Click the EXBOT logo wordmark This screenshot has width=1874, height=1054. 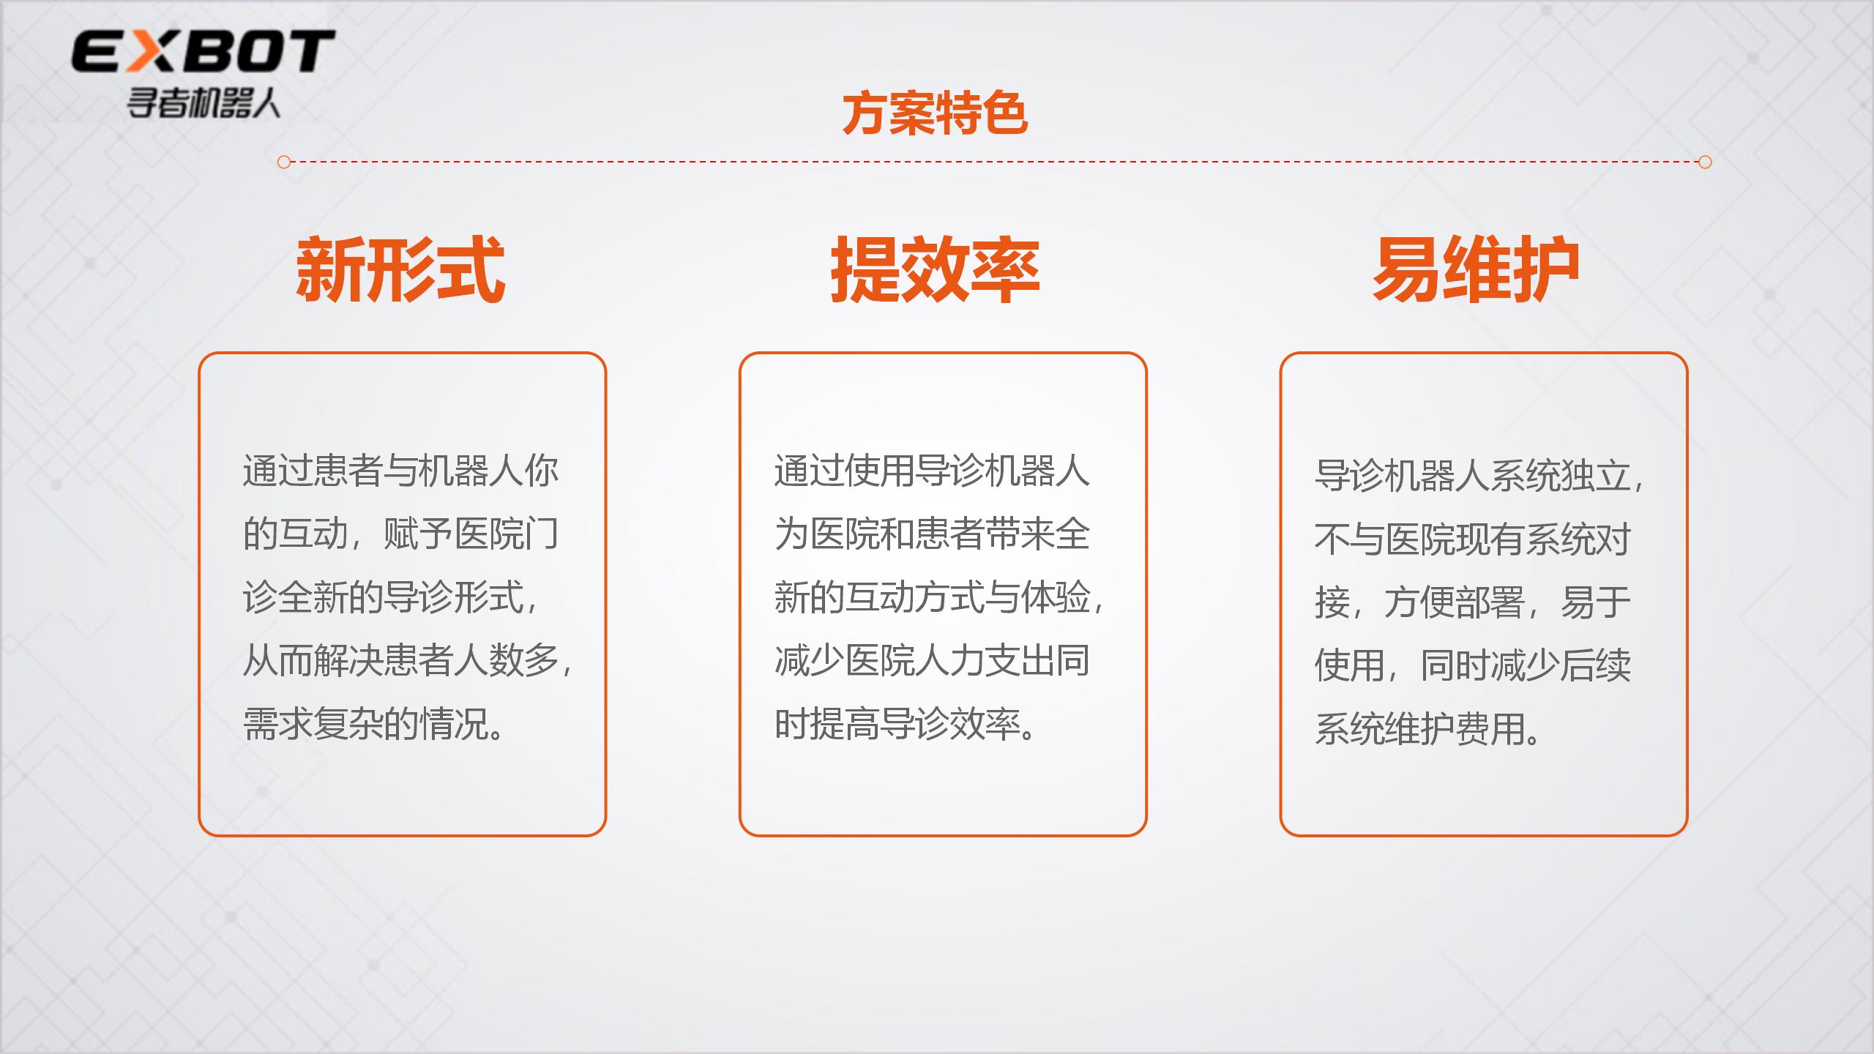[203, 51]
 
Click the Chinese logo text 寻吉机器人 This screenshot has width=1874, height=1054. [204, 103]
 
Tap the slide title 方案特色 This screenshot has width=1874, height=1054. [935, 114]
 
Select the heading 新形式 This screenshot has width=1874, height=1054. [400, 269]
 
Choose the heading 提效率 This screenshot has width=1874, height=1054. [935, 269]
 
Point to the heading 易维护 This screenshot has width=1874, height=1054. [1476, 269]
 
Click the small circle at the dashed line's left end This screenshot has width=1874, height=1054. [285, 162]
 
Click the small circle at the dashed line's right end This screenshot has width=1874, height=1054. [1705, 162]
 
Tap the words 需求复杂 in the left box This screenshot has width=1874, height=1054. [313, 724]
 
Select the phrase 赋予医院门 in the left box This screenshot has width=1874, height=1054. [471, 534]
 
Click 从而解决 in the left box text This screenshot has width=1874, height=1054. [313, 661]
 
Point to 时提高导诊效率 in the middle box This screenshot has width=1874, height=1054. [897, 724]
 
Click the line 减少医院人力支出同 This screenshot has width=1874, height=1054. [933, 661]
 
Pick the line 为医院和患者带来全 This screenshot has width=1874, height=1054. [933, 534]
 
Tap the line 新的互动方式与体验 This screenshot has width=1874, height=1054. [933, 597]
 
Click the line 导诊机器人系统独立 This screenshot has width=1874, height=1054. [1472, 476]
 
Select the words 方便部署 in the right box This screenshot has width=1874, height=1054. [1455, 602]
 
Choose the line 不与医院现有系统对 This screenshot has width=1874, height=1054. [1473, 539]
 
